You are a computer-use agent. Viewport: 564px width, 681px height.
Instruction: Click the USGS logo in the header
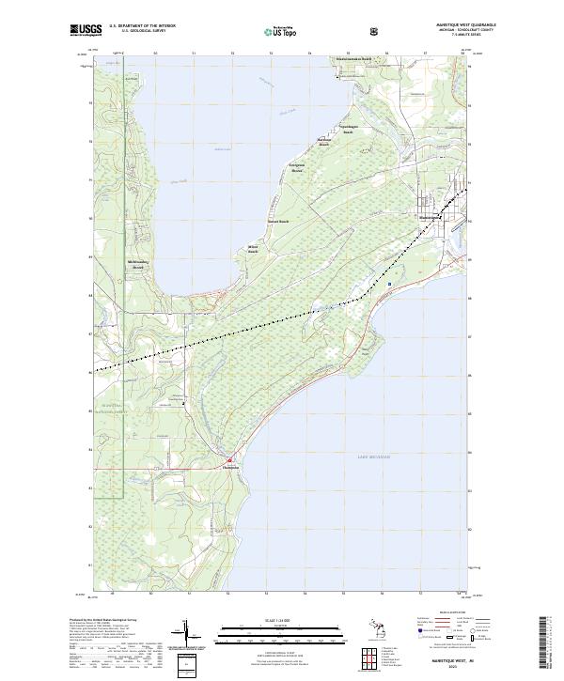tap(86, 30)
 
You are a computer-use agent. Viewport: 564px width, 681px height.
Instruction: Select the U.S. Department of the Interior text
tap(142, 25)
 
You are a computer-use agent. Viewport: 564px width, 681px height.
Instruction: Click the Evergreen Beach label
tap(297, 170)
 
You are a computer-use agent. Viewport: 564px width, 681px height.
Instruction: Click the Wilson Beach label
tap(252, 251)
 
